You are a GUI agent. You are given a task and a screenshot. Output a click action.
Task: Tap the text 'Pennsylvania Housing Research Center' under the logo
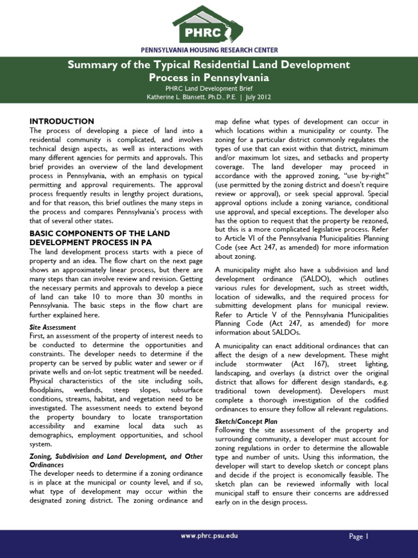[x=209, y=50]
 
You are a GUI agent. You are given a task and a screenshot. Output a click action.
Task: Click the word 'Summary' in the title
[x=88, y=65]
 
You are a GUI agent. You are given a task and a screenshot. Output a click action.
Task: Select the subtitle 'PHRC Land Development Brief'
[x=209, y=88]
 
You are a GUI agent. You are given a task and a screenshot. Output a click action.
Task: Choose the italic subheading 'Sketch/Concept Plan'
[x=247, y=421]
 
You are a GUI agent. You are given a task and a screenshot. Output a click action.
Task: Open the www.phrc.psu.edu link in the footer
[x=209, y=536]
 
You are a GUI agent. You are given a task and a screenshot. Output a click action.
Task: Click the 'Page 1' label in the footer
[x=359, y=536]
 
